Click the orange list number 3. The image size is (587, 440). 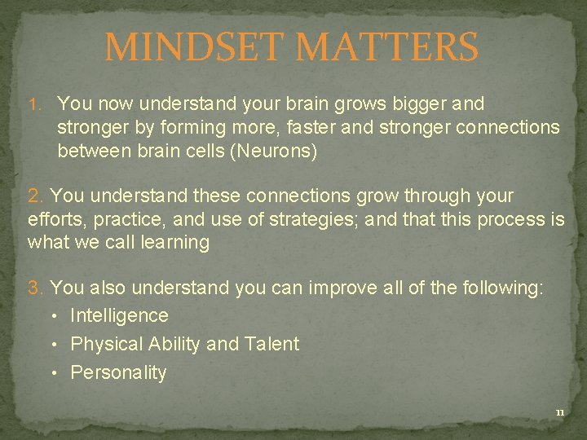click(36, 288)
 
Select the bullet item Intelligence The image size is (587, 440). click(119, 315)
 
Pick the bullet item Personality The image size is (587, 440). click(118, 372)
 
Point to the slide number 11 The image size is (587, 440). click(559, 413)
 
